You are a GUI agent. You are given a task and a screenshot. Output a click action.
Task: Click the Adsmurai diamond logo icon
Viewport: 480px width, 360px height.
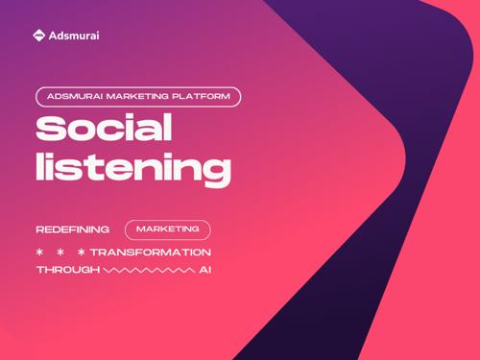38,36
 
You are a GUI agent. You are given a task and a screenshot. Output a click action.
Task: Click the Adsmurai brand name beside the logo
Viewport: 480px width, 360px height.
74,36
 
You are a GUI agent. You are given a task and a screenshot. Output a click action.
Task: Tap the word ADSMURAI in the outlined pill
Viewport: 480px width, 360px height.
75,96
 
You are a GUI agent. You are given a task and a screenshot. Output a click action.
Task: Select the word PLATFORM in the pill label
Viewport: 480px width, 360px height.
201,96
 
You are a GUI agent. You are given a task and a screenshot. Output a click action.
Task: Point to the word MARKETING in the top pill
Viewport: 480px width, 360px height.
137,96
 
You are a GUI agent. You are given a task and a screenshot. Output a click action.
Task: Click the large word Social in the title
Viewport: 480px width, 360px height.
104,128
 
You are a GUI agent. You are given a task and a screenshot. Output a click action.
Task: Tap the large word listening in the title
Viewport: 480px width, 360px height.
133,170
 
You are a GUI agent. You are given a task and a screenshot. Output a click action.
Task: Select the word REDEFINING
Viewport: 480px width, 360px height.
73,229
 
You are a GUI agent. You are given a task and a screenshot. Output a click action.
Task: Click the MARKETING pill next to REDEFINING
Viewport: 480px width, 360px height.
168,229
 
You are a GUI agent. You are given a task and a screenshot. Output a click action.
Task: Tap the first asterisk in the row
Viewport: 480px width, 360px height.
39,252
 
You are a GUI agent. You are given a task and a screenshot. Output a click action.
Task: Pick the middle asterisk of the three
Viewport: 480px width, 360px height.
60,252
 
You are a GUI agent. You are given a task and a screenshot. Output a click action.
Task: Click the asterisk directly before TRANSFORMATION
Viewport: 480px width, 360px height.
82,252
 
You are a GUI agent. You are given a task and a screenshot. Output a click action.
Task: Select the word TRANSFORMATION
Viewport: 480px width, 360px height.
151,252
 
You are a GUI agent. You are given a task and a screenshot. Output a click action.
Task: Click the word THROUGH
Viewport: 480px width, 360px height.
68,270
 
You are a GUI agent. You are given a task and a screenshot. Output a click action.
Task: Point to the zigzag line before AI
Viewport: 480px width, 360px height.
149,271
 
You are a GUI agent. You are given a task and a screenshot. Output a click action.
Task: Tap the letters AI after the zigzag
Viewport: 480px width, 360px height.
205,270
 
